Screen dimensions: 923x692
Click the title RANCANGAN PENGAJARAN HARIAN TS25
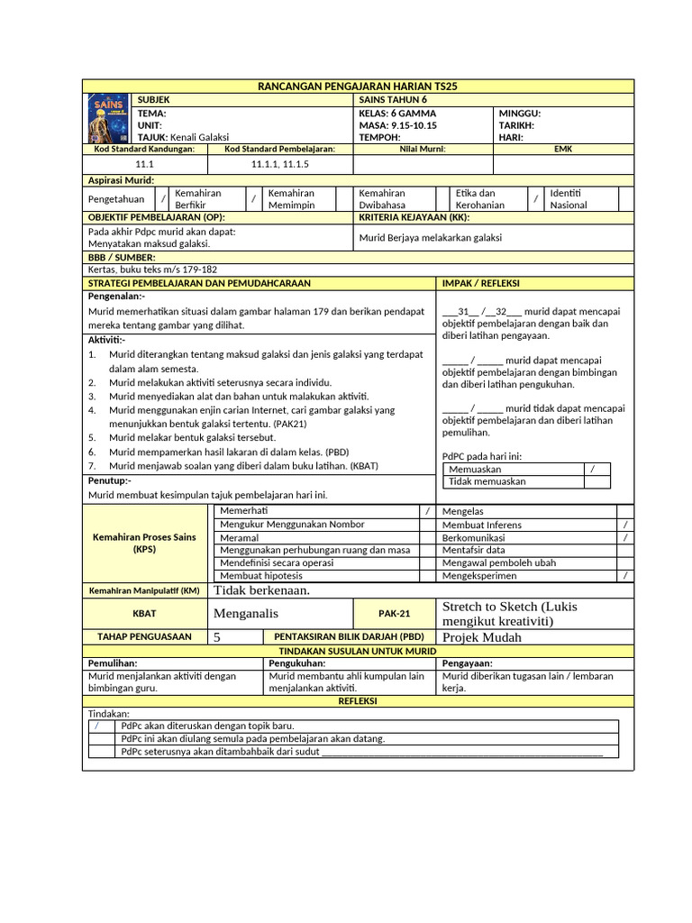(x=358, y=86)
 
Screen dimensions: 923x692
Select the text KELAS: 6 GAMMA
(x=397, y=114)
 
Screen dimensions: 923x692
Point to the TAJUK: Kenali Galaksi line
(x=183, y=137)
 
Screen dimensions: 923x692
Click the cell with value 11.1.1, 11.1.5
(x=280, y=165)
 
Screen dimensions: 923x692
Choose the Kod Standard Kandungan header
(x=145, y=149)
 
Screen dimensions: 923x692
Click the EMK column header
(x=563, y=149)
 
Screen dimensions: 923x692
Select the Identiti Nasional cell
(x=569, y=199)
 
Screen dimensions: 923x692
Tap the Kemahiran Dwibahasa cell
(x=383, y=199)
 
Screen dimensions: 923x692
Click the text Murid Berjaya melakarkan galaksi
(x=431, y=238)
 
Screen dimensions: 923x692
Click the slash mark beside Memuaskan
(x=592, y=470)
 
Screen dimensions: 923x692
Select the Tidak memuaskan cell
(x=487, y=482)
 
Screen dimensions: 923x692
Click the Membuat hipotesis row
(x=261, y=575)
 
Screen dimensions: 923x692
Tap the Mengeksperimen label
(x=479, y=575)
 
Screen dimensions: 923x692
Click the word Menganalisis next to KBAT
(x=246, y=613)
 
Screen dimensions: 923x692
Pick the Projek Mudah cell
(x=482, y=637)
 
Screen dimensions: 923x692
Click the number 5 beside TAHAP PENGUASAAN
(x=217, y=637)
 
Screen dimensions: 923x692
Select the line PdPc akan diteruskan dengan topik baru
(x=207, y=726)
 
